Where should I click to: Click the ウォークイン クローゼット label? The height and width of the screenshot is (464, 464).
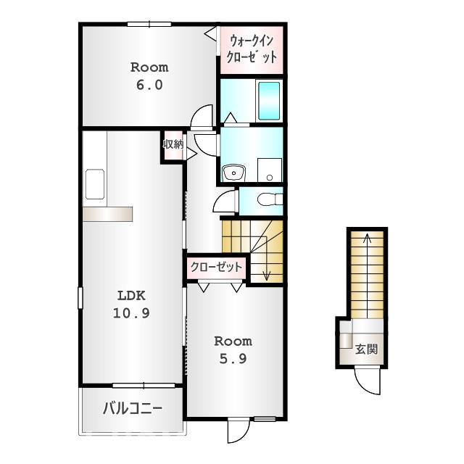pos(252,49)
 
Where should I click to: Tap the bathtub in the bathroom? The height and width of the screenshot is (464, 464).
pos(269,100)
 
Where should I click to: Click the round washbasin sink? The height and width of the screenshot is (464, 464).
pos(234,173)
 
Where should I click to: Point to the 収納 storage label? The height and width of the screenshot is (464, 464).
pos(173,144)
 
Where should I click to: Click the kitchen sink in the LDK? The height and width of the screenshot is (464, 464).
pos(95,184)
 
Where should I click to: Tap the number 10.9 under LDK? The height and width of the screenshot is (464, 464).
pos(132,313)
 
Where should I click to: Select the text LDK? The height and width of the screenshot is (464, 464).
pos(132,296)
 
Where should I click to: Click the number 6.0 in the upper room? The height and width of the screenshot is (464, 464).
pos(149,84)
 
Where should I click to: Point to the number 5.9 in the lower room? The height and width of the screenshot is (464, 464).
pos(233,357)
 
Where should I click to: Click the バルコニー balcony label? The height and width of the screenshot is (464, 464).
pos(132,408)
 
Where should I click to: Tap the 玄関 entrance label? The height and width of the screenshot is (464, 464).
pos(367,349)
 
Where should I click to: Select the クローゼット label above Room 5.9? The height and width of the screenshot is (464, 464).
pos(216,267)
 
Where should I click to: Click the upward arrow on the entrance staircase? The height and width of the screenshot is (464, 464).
pos(367,239)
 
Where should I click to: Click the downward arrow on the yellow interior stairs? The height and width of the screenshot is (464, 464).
pos(266,274)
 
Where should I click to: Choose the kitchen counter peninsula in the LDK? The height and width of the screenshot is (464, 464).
pos(107,213)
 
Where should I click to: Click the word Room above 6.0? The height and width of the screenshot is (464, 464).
pos(149,67)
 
